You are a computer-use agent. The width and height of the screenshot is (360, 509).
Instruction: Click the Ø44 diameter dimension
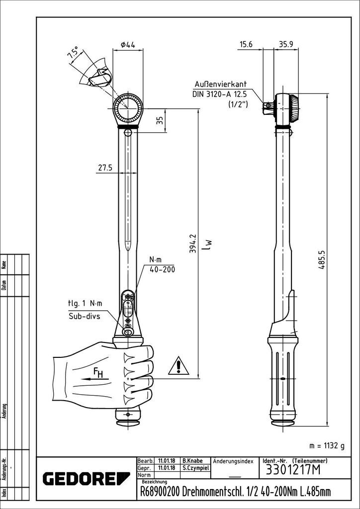point(128,45)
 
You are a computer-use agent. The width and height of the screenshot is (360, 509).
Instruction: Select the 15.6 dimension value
point(246,44)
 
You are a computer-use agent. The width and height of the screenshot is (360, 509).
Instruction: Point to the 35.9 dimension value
point(285,44)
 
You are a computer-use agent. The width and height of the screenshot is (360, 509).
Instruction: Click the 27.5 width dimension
point(104,168)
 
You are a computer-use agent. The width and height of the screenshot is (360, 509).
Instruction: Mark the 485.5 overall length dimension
point(322,259)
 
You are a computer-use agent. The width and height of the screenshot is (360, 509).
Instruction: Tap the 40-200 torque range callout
point(162,269)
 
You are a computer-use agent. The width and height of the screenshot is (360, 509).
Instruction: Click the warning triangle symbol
point(178,366)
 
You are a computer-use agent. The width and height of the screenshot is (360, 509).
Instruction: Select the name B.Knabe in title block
point(191,461)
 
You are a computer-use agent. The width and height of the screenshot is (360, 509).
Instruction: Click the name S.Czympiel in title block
point(194,468)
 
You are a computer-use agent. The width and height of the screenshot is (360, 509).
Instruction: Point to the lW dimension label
point(209,244)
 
